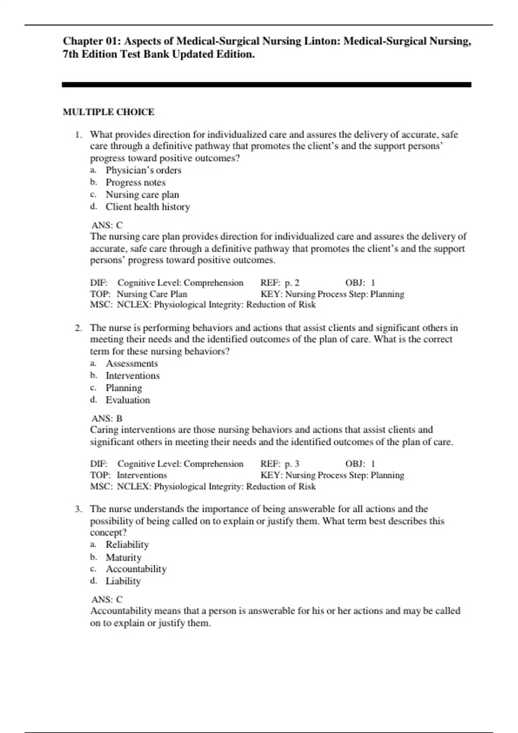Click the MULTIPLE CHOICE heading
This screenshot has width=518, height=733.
[108, 112]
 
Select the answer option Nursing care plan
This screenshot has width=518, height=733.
[142, 194]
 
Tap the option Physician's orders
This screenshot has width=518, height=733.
[143, 170]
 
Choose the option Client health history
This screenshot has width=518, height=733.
[148, 207]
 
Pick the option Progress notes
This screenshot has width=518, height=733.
[136, 182]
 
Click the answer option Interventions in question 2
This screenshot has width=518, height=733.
[133, 376]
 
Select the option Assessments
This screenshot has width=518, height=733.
[132, 363]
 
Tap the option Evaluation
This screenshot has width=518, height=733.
[128, 400]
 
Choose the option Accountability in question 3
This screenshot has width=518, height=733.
[136, 569]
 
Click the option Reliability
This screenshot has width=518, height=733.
[127, 545]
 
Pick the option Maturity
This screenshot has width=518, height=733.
[123, 557]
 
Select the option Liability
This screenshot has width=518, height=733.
[123, 581]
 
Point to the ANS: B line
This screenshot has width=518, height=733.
[107, 418]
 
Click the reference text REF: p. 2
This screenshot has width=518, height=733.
[280, 283]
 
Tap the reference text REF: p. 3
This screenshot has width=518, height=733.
[280, 464]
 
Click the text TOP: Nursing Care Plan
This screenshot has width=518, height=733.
[139, 294]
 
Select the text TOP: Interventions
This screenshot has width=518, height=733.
[128, 475]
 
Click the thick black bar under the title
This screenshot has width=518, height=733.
[266, 85]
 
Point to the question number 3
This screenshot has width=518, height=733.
[78, 509]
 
